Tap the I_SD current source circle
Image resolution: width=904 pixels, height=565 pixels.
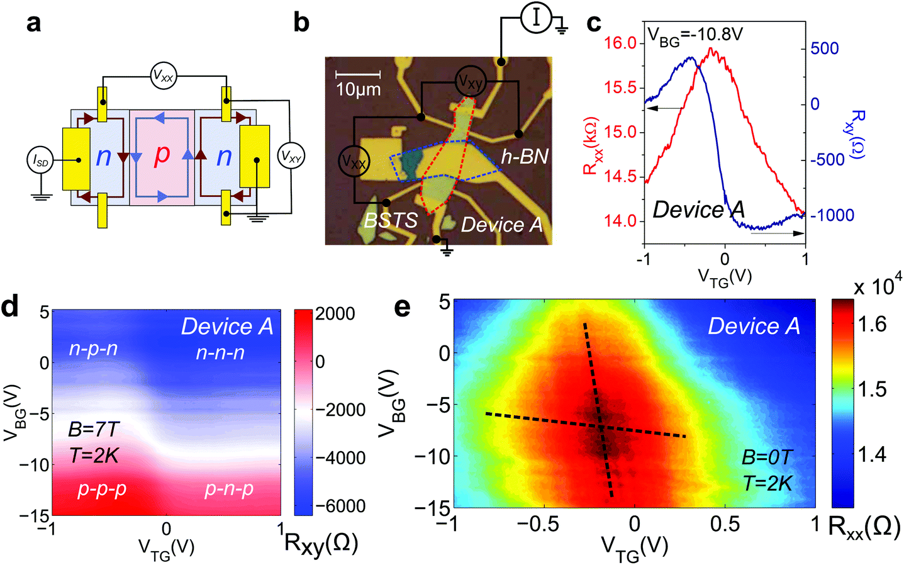coord(40,162)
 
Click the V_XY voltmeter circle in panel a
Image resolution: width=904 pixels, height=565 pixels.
coord(291,157)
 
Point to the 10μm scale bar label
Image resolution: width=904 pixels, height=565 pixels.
coord(358,89)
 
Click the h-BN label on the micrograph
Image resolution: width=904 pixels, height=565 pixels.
coord(525,156)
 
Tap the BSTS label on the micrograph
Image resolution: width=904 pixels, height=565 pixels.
coord(391,220)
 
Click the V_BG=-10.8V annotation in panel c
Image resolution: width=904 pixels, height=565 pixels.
coord(695,34)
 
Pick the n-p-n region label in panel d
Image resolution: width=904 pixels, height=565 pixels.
coord(93,349)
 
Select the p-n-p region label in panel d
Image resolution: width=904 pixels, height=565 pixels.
coord(229,489)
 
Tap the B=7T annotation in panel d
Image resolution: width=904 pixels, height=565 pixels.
coord(94,430)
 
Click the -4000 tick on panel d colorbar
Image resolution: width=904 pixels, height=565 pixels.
coord(340,457)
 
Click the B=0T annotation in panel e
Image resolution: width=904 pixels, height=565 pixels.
coord(767,457)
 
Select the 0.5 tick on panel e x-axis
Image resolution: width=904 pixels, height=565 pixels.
coord(725,524)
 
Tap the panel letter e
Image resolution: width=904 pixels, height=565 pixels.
coord(401,307)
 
